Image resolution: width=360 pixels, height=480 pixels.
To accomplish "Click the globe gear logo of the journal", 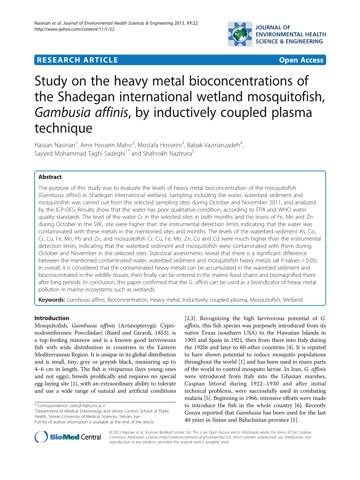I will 240,34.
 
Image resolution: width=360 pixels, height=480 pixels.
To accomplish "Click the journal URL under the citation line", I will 74,29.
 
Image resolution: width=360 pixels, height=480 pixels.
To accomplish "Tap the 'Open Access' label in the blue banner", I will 301,60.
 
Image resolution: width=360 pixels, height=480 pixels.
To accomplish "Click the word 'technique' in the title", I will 64,128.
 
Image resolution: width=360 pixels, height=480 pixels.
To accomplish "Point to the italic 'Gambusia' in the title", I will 62,113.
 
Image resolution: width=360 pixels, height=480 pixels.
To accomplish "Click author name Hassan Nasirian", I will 55,145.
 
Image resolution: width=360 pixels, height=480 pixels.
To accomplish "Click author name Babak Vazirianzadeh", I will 213,145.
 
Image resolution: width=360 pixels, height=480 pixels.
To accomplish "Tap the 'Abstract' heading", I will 50,177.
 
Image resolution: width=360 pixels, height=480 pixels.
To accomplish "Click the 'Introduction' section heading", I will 52,318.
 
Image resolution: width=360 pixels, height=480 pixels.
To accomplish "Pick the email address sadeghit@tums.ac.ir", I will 87,406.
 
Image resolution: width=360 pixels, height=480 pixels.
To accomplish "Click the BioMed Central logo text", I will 75,437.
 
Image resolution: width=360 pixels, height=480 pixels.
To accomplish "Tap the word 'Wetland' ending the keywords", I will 293,300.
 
